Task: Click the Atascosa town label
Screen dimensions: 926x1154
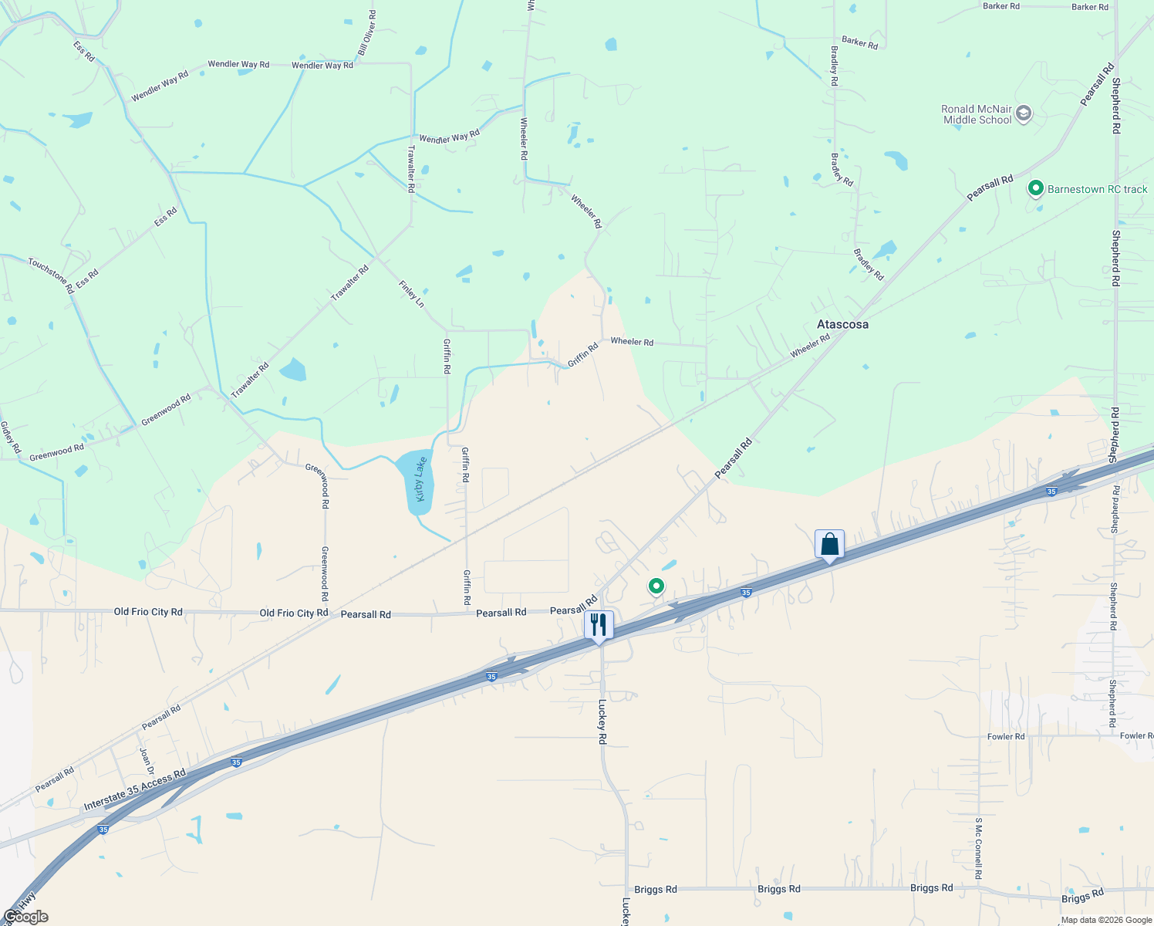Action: point(842,325)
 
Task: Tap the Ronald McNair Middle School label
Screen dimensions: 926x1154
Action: point(977,114)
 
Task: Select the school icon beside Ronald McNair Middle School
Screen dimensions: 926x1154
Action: point(1024,114)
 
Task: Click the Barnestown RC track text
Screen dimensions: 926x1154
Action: point(1097,189)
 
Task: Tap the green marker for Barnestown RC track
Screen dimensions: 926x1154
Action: point(1035,188)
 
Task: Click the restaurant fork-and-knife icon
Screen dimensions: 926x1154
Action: point(599,624)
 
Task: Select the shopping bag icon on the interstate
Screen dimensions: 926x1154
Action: point(829,544)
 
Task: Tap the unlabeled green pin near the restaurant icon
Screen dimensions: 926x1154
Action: point(656,586)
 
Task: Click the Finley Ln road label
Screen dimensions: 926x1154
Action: point(411,294)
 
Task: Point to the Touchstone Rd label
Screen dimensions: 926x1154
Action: point(51,275)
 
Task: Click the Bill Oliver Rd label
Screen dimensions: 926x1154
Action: point(367,34)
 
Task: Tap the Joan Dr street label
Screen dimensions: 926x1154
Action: point(146,756)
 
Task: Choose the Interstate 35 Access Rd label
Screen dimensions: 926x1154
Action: point(134,790)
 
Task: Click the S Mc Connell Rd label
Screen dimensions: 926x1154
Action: point(978,849)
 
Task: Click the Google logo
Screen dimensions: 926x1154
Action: point(25,917)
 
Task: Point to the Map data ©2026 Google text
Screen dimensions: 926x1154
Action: point(1105,920)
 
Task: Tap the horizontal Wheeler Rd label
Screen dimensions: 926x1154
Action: point(632,341)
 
